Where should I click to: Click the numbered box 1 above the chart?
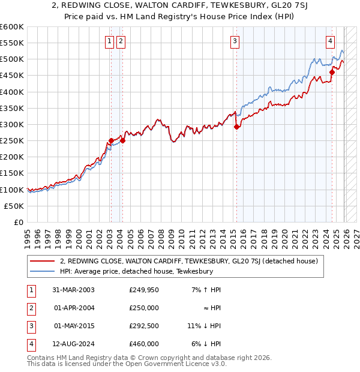coord(110,41)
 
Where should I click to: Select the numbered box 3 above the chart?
coord(234,41)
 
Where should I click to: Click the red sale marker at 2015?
coord(236,127)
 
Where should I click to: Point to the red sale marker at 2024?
coord(332,72)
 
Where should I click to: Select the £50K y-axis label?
coord(14,206)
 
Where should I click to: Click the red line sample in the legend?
coord(42,261)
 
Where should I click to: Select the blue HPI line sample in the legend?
coord(42,271)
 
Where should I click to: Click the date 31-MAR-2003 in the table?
coord(74,290)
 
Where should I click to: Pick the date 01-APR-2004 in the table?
coord(74,308)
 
